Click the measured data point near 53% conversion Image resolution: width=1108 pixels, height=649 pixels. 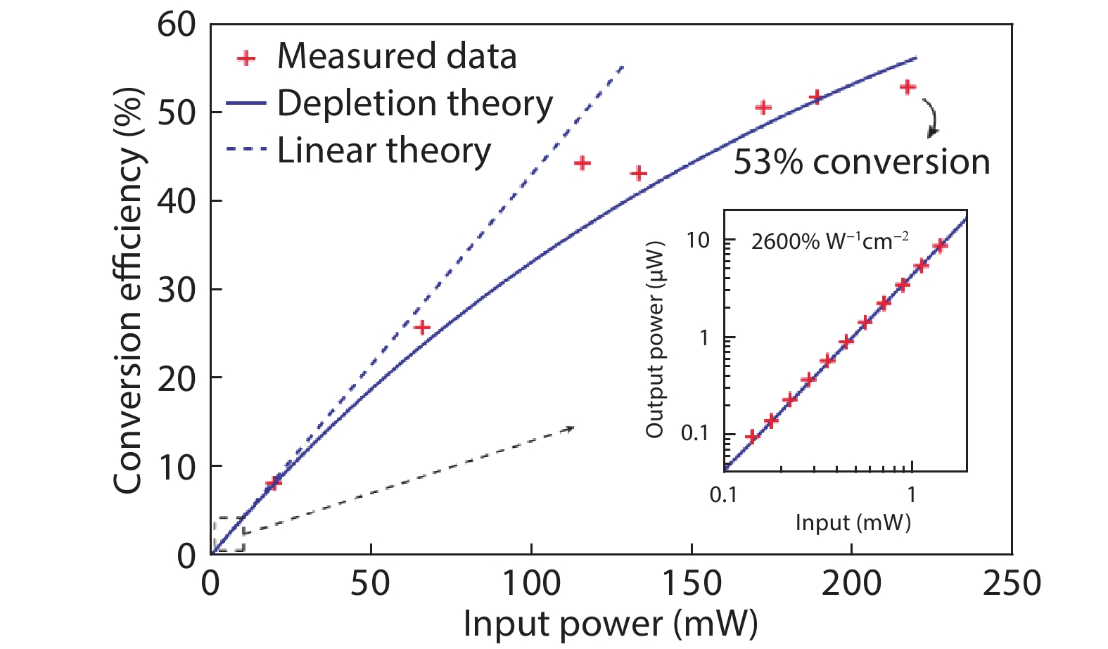click(x=908, y=87)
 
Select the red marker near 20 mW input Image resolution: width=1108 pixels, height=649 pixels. click(x=274, y=483)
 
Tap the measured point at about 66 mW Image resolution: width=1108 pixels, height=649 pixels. click(x=422, y=328)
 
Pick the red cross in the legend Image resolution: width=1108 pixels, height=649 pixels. click(x=246, y=58)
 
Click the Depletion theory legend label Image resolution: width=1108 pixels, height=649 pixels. click(x=415, y=104)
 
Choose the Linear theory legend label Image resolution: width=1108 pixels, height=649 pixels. click(x=383, y=150)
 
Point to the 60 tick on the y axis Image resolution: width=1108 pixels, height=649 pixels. click(x=177, y=25)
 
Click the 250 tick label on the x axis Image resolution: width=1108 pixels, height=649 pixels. click(x=1012, y=584)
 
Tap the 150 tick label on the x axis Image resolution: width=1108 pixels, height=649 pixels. click(x=692, y=584)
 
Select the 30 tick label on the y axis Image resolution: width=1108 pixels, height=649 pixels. click(x=177, y=289)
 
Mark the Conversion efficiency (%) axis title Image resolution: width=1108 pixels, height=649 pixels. click(x=128, y=290)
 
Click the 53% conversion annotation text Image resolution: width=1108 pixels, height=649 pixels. click(x=862, y=162)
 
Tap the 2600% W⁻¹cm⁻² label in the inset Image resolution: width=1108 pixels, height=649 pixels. click(x=829, y=241)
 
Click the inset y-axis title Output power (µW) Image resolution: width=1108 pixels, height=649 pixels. click(x=655, y=340)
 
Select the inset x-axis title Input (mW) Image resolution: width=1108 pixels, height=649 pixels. click(x=853, y=522)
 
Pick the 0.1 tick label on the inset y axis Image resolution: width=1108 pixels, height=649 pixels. click(x=695, y=433)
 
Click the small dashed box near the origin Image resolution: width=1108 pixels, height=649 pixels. click(x=229, y=535)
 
